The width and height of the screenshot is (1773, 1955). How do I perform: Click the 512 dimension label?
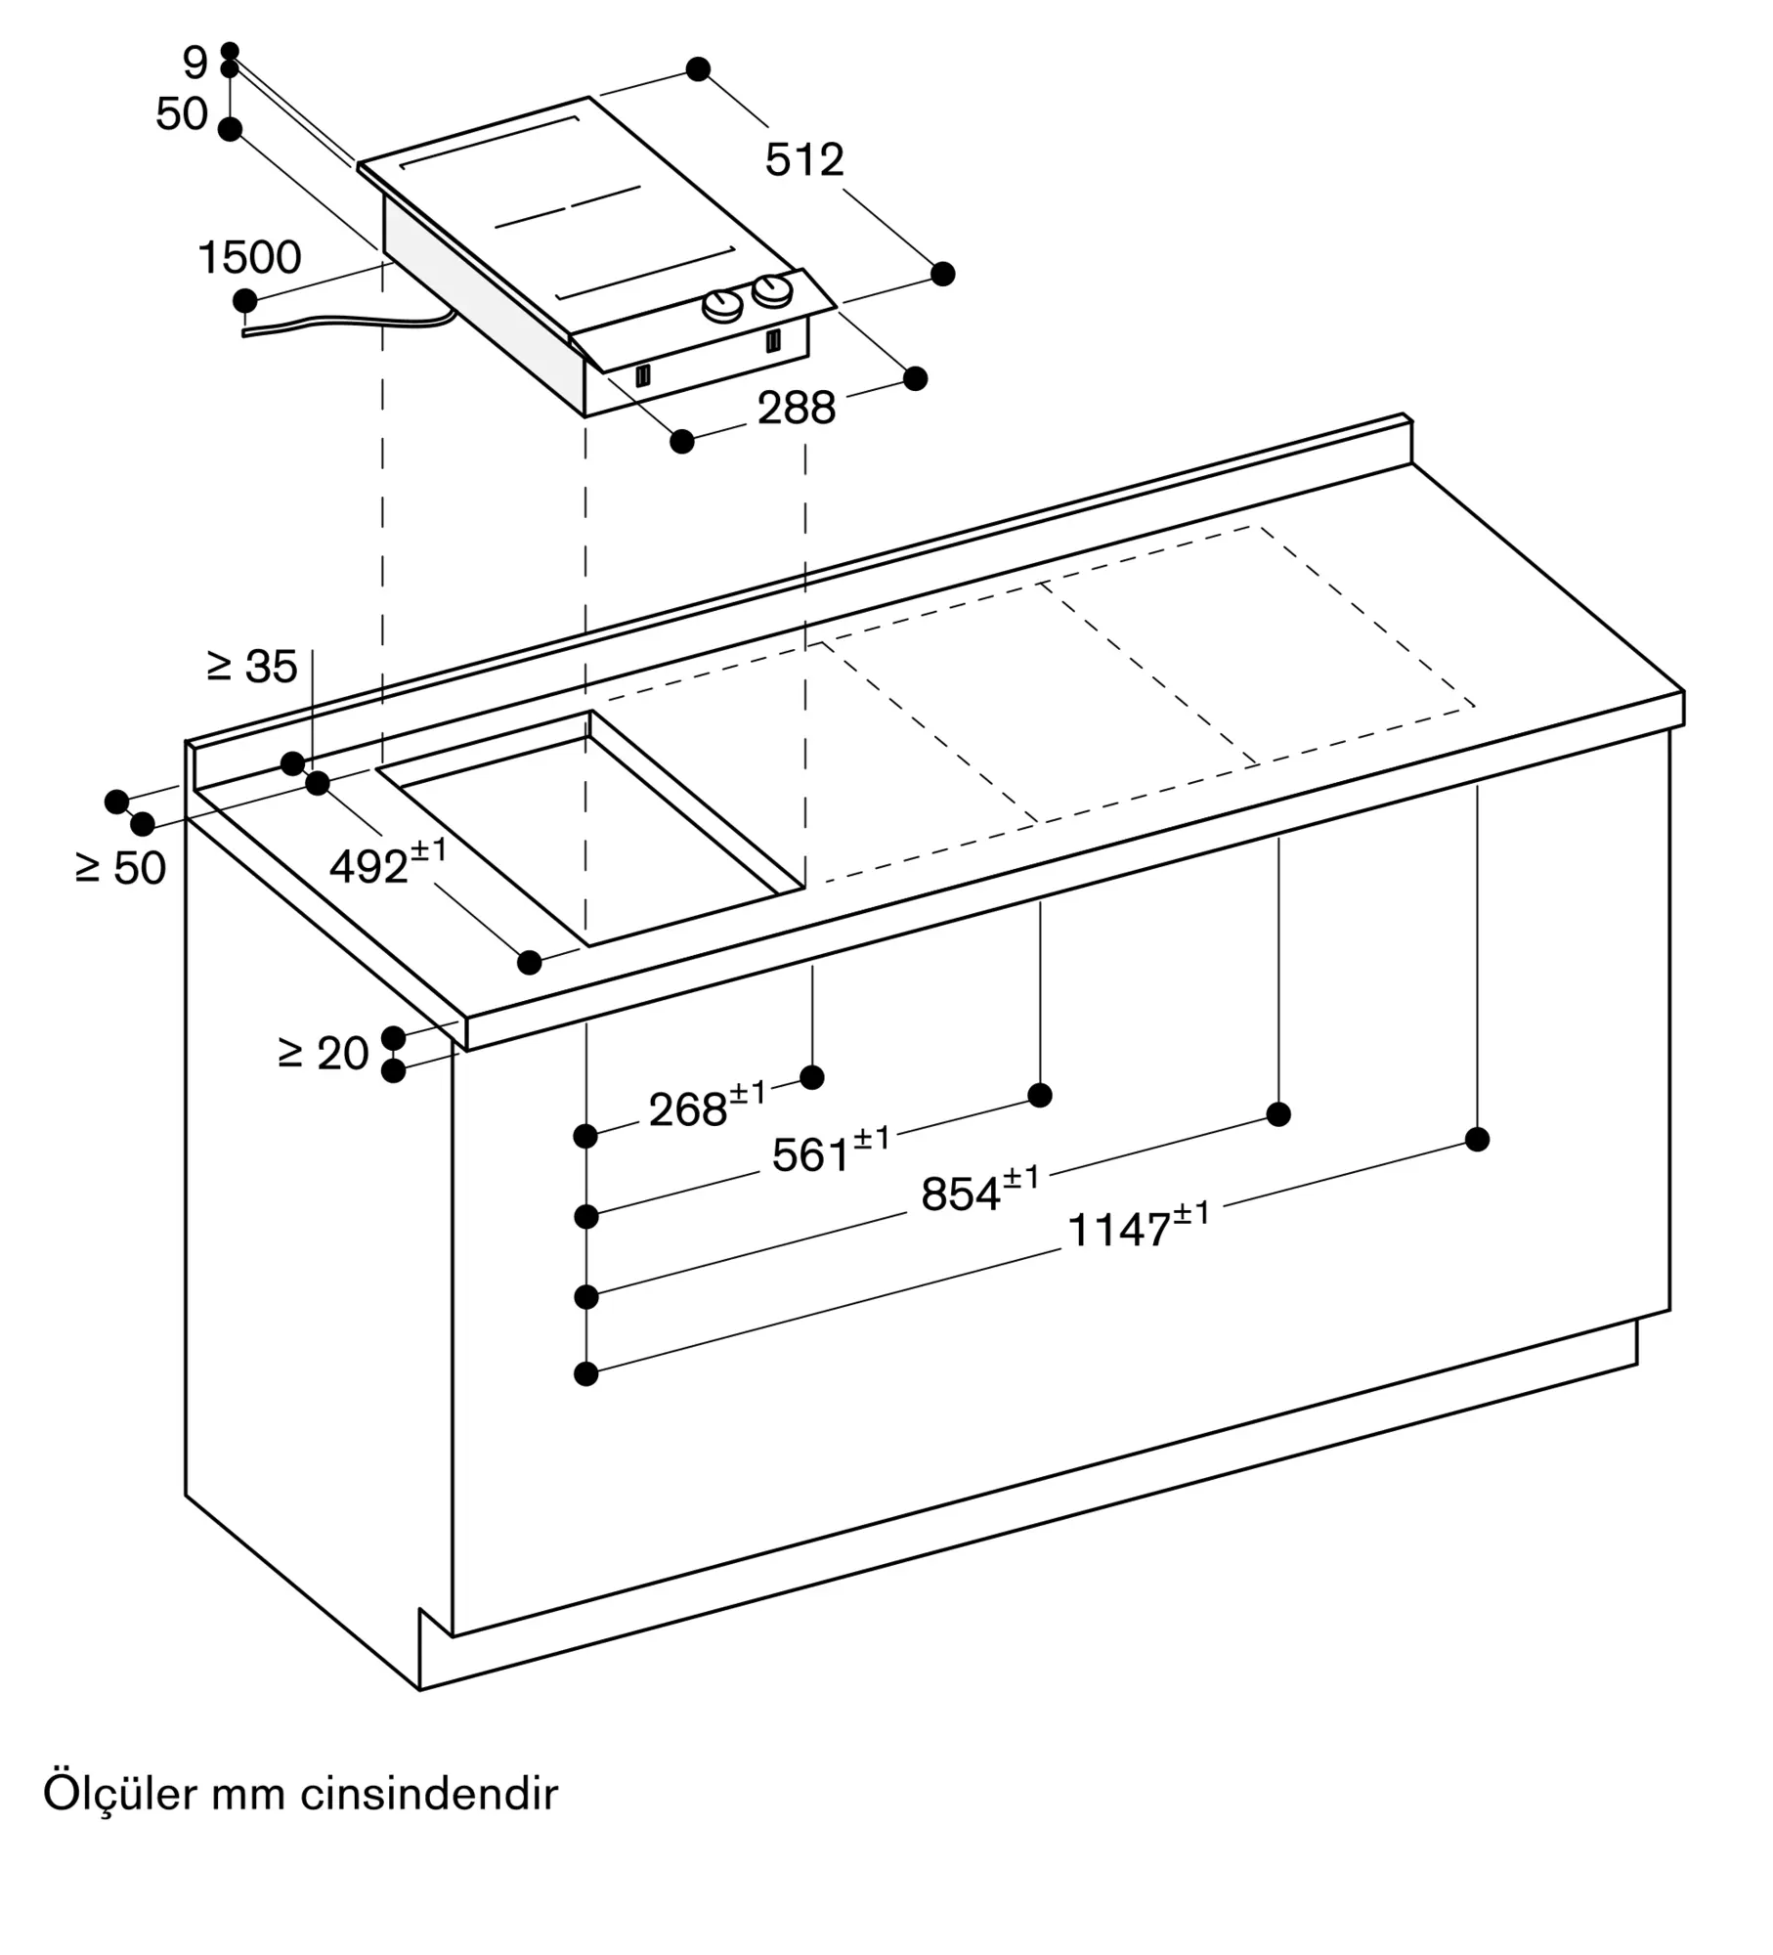coord(804,160)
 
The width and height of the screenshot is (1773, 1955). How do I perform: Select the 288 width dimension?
coord(797,408)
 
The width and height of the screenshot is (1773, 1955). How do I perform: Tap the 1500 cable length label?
coord(249,258)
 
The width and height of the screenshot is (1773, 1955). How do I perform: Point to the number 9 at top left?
coord(195,65)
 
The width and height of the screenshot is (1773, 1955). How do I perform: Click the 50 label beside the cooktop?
coord(182,114)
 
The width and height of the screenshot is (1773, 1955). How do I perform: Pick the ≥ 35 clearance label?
coord(252,667)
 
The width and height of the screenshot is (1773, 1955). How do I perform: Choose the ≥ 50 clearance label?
coord(121,868)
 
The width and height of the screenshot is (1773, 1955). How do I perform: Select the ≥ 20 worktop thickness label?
coord(324,1053)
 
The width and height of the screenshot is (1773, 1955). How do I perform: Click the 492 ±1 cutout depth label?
coord(388,862)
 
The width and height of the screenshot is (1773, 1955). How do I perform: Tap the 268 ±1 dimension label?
coord(708,1106)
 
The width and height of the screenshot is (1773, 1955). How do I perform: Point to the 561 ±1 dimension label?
coord(831,1151)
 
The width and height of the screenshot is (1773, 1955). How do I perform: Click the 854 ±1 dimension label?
coord(980,1190)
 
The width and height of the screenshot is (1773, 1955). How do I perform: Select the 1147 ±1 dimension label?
coord(1139,1226)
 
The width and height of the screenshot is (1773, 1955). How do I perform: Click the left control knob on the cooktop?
coord(723,306)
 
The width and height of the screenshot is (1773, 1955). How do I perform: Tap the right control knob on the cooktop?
coord(772,290)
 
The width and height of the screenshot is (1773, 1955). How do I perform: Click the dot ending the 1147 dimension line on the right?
coord(1478,1139)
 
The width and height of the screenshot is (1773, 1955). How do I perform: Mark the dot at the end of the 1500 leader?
coord(244,300)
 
